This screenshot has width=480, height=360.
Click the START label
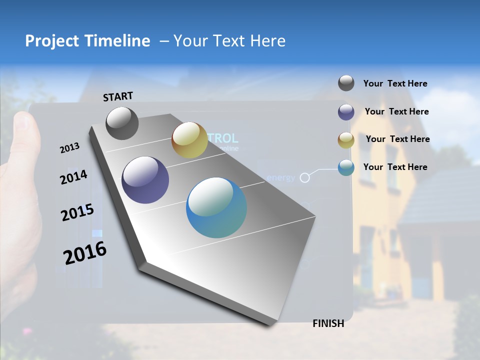pos(118,96)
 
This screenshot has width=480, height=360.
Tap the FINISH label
pos(328,323)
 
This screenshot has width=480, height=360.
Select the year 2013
pos(70,147)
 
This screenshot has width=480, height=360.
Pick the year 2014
pos(73,177)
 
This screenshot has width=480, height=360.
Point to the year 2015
pos(77,212)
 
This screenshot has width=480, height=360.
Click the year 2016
pos(85,253)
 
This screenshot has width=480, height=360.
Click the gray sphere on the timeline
pos(122,123)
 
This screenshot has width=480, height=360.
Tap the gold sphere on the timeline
pos(189,140)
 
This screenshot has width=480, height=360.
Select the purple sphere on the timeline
pos(145,180)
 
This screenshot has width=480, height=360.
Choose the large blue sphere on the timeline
pos(216,207)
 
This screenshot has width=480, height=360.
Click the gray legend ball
pos(346,83)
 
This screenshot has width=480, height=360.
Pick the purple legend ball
pos(346,112)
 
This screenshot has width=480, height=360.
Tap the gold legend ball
pos(346,140)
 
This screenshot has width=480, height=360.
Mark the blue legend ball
pos(346,167)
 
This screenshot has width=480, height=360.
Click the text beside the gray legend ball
pos(395,83)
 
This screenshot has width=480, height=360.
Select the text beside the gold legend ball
pos(397,139)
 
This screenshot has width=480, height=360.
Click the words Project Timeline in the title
pos(87,41)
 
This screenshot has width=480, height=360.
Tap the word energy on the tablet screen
pos(280,177)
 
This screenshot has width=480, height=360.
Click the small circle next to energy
pos(304,177)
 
